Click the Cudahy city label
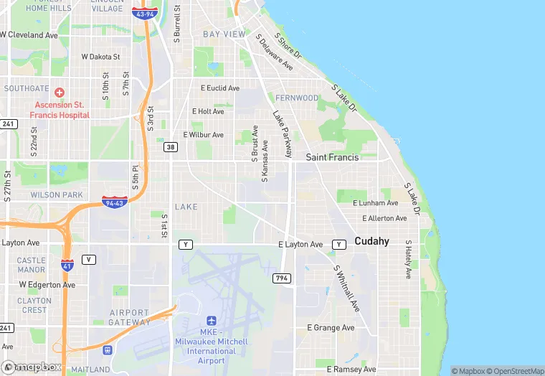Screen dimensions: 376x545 coord(371,241)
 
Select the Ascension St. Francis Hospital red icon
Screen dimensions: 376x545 coord(59,93)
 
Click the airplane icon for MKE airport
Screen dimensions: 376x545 coord(211,321)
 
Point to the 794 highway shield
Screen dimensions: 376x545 coord(282,278)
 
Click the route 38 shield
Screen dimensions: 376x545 coord(170,146)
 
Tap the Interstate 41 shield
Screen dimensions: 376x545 coord(67,266)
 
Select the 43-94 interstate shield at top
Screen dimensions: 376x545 coord(146,14)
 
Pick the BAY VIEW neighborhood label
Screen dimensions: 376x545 coord(224,34)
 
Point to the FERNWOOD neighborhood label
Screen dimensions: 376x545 coord(297,98)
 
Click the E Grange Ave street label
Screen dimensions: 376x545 coord(331,328)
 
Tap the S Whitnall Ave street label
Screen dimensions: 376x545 coord(346,288)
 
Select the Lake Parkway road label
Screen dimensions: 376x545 coord(283,133)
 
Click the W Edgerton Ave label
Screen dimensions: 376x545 coord(47,285)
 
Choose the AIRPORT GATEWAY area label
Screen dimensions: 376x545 coord(129,318)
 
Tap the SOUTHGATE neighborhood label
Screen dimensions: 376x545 coord(27,88)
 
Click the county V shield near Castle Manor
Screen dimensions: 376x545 coord(88,260)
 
